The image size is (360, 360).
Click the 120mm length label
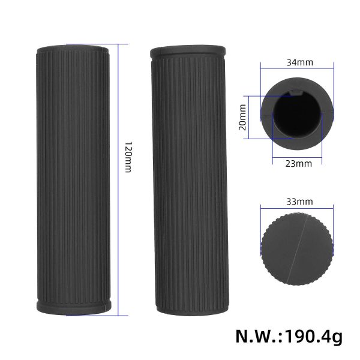127,157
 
